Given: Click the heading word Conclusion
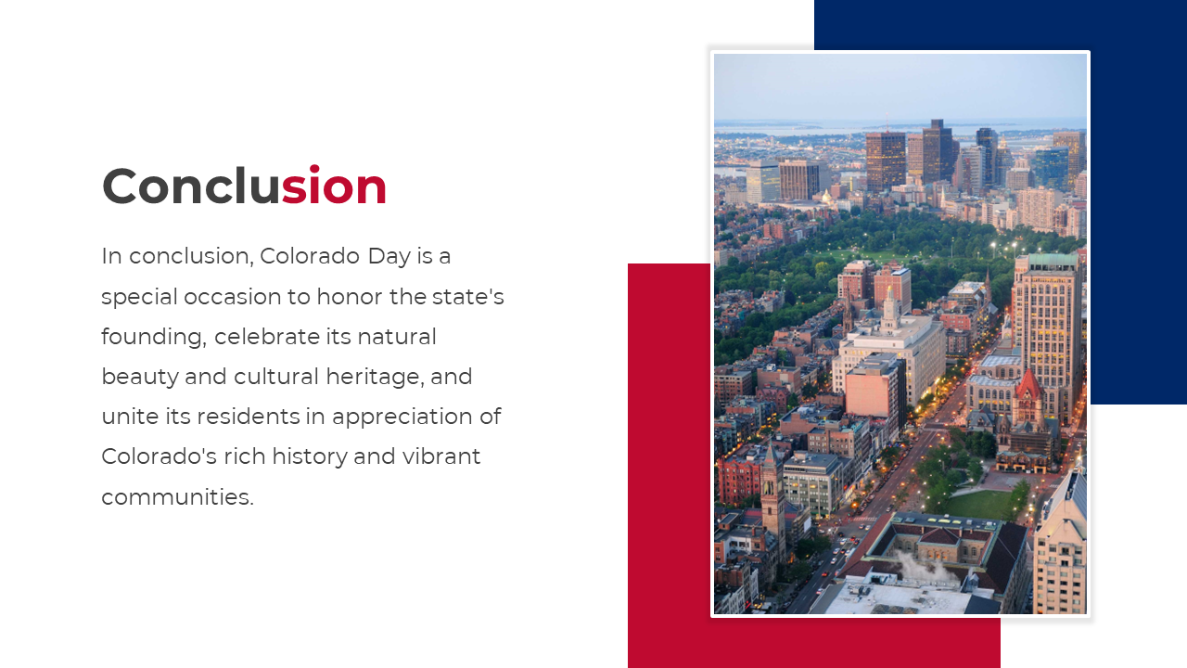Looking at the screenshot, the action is [x=244, y=185].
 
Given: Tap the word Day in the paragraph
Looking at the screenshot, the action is [x=389, y=257].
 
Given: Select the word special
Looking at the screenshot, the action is [x=139, y=298].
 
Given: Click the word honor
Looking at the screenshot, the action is [x=350, y=297].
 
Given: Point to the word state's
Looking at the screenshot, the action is [x=468, y=297].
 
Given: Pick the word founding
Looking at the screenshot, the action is [x=154, y=338].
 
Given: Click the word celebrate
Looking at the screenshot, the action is [x=267, y=337].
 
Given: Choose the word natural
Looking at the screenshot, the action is [x=397, y=337].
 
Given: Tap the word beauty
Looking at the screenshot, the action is [x=140, y=378].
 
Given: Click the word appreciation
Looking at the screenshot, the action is [x=402, y=417].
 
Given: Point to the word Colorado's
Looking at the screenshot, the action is [x=159, y=456].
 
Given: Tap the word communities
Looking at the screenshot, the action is [x=177, y=497].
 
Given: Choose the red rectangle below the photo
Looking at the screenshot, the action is [x=669, y=467].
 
